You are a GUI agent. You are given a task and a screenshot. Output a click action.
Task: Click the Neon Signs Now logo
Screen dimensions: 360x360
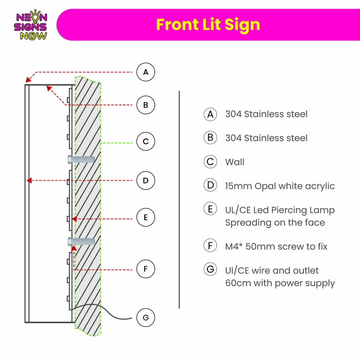30,25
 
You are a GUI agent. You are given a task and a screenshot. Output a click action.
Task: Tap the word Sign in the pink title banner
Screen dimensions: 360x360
242,25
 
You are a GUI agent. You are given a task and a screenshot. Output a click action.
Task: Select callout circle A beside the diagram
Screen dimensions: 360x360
146,72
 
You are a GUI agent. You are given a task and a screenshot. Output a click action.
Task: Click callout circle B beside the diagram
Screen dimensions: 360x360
146,105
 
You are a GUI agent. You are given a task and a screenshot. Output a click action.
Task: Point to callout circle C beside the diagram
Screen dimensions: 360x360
146,141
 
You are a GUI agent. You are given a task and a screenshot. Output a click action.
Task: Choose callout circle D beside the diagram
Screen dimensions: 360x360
146,180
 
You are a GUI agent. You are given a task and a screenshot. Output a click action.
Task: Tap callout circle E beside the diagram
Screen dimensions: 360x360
146,217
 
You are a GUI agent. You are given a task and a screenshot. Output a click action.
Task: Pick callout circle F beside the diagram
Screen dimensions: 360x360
146,269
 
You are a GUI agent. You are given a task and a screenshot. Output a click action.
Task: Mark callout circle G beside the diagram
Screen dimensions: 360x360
146,318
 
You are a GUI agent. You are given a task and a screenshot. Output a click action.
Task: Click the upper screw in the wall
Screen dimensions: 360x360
81,159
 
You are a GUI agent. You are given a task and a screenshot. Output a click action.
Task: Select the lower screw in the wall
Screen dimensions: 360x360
81,242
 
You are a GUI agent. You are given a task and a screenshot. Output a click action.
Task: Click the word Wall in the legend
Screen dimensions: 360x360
235,162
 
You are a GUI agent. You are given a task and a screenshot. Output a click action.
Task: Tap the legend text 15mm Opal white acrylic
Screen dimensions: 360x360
280,186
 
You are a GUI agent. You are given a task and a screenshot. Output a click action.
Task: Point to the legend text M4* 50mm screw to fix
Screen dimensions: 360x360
276,246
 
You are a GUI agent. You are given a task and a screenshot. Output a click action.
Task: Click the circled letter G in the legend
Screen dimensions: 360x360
210,269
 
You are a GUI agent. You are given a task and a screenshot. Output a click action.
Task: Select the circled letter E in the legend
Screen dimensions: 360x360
210,209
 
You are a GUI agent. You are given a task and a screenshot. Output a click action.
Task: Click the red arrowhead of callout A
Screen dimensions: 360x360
28,80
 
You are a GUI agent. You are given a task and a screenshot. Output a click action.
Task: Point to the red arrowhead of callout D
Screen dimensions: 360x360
29,180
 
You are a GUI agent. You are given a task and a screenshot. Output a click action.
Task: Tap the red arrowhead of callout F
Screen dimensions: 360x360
74,248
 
